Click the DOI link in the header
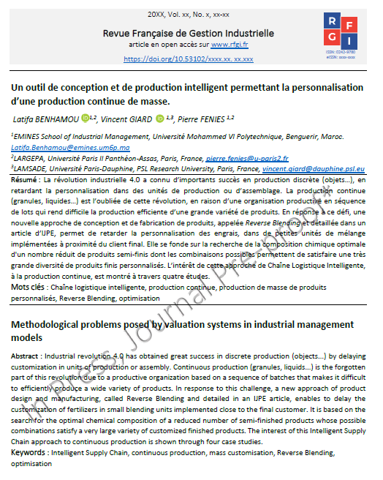(189, 59)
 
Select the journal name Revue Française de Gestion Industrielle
(189, 33)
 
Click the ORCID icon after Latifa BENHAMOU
(85, 117)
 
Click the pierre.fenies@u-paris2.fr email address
(247, 157)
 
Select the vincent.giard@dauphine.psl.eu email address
(314, 167)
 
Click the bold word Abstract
(28, 354)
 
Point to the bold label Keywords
(29, 454)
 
